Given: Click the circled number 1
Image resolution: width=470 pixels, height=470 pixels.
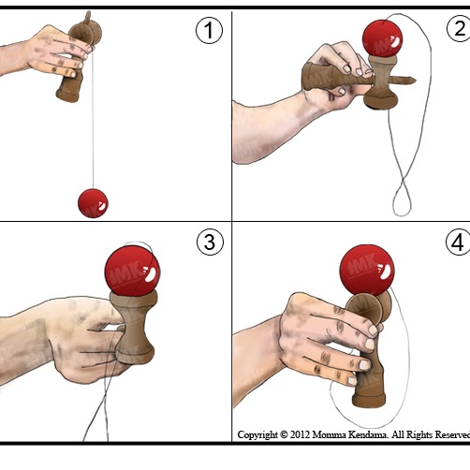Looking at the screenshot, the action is (209, 30).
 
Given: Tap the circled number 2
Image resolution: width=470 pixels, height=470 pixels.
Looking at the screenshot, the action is (459, 29).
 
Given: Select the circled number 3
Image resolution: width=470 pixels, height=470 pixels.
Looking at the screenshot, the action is (210, 242).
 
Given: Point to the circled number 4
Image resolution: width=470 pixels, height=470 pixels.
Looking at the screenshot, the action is (458, 242).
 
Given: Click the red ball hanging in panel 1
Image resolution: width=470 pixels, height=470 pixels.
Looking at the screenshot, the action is (93, 203).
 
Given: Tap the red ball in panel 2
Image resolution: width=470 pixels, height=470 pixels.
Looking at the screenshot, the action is (382, 38).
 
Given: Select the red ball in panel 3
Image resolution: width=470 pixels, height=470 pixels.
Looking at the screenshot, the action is (132, 271).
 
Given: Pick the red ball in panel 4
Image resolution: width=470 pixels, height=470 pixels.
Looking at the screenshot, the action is (367, 270).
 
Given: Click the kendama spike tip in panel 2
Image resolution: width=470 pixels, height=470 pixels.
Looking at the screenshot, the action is (416, 81).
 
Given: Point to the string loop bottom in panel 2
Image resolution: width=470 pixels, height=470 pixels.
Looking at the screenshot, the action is (402, 214).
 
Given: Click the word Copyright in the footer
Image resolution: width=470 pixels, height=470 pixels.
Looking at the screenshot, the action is (257, 434).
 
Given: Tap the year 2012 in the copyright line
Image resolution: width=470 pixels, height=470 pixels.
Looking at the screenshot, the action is (300, 434).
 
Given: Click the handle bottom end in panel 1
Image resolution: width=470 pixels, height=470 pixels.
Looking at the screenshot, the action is (67, 96).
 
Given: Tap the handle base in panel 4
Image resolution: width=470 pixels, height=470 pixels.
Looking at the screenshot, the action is (369, 401).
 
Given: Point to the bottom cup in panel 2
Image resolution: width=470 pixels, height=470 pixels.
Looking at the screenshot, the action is (381, 100).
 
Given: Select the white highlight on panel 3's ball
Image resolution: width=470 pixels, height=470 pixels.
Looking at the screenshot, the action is (151, 274).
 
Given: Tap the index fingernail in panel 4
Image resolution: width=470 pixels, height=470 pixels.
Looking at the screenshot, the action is (374, 330).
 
